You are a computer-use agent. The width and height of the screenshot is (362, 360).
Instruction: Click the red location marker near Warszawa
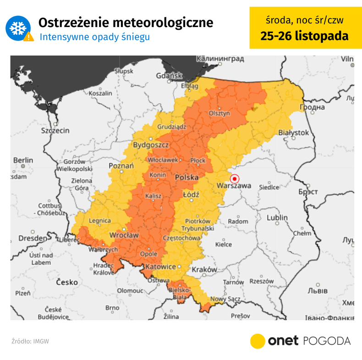(x=234, y=179)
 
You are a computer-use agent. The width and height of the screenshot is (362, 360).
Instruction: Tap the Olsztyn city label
(x=219, y=113)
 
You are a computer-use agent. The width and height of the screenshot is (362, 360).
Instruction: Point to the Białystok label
(x=294, y=133)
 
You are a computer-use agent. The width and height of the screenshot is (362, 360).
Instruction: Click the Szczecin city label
(x=55, y=131)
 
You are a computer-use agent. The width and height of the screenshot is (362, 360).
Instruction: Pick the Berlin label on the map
(x=23, y=160)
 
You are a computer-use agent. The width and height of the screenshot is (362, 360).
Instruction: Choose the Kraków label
(x=204, y=270)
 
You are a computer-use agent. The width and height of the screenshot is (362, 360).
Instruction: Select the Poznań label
(x=121, y=166)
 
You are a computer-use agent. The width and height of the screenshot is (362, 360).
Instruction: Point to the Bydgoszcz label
(x=151, y=145)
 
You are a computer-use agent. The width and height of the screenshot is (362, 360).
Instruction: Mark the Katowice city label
(x=160, y=266)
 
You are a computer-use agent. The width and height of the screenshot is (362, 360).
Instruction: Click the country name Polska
(x=186, y=177)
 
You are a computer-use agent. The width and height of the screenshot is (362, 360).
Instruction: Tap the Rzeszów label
(x=262, y=281)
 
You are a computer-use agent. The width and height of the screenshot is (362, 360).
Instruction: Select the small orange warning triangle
(x=28, y=37)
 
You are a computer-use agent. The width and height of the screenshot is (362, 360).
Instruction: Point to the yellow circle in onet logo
(x=258, y=341)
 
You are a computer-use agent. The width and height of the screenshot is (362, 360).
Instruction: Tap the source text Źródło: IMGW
(x=30, y=341)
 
